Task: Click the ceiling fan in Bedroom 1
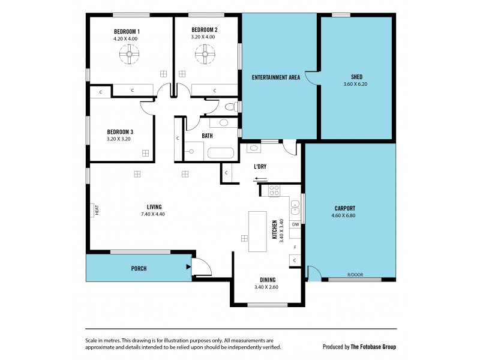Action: (127, 56)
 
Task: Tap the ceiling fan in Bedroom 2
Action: (205, 56)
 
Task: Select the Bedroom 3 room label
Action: (120, 132)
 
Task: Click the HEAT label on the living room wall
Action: (96, 211)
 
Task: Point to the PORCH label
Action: (139, 268)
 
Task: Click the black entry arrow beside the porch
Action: (188, 267)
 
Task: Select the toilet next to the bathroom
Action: (229, 107)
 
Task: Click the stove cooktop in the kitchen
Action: (274, 191)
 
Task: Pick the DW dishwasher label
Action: (295, 224)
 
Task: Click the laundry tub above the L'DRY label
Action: (253, 148)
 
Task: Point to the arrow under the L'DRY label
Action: (260, 178)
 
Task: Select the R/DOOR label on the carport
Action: (354, 275)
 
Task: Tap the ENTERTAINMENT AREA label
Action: (276, 77)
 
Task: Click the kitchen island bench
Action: (258, 231)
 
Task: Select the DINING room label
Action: (268, 280)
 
